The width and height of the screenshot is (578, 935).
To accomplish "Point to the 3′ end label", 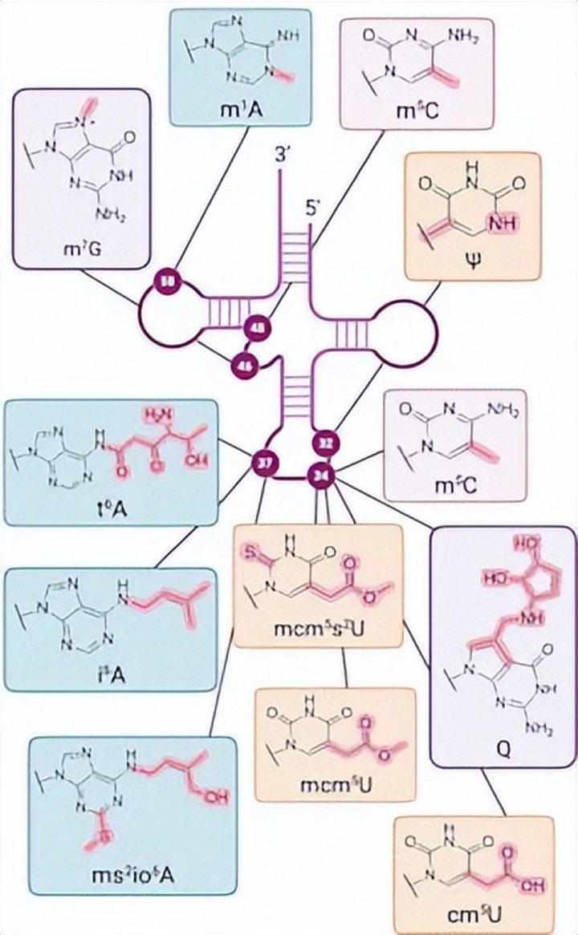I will (281, 157).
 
